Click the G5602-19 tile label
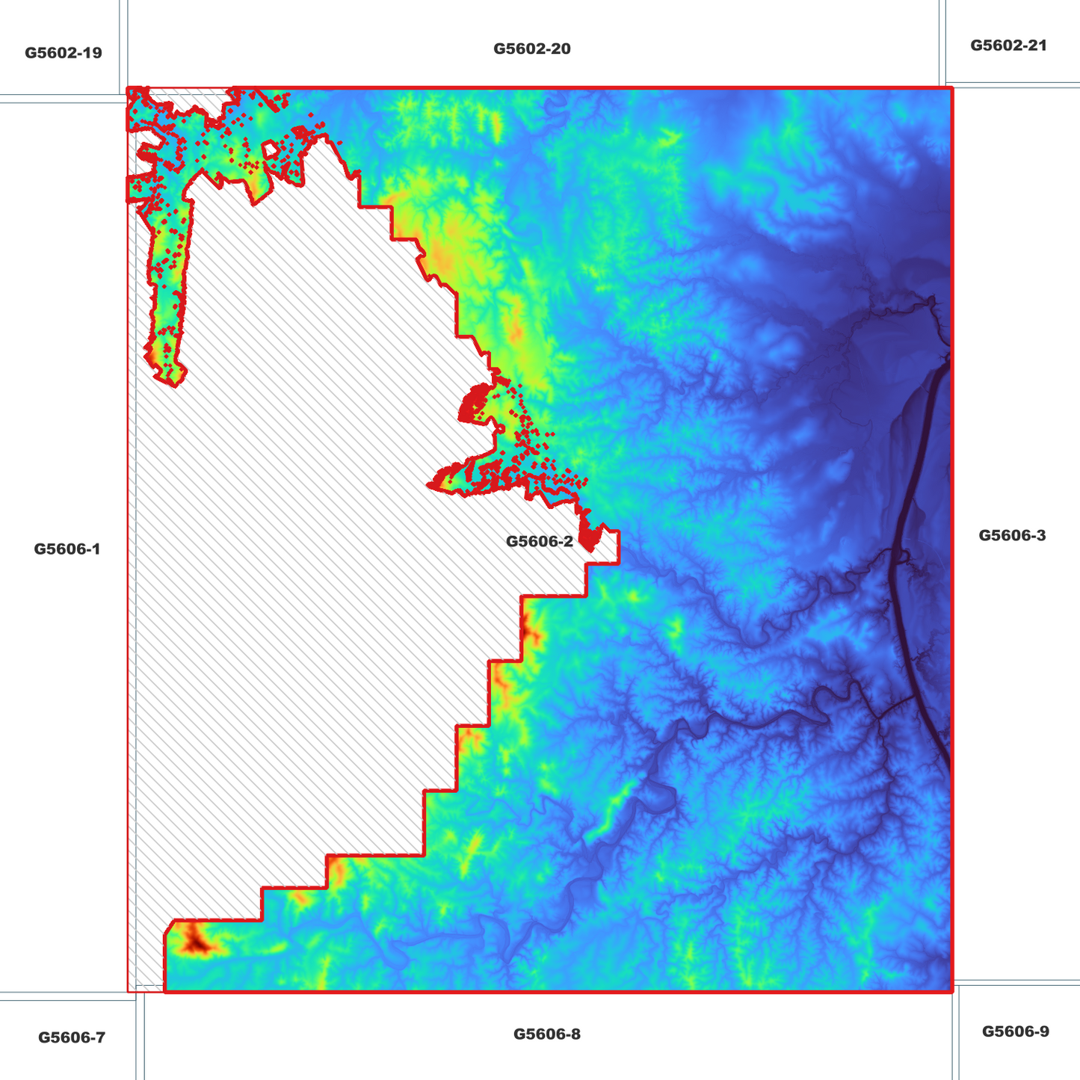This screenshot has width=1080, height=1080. click(64, 53)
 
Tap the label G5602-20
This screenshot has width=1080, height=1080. click(532, 49)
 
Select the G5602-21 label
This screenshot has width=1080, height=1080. click(1008, 46)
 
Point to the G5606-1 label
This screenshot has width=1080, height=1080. click(67, 549)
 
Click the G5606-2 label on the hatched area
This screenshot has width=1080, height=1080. click(540, 542)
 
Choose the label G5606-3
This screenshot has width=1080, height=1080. click(1012, 535)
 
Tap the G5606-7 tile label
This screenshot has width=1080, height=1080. click(72, 1037)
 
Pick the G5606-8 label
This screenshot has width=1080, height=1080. click(547, 1034)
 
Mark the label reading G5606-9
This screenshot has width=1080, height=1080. click(1015, 1031)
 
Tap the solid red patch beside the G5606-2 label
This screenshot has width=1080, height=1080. click(589, 538)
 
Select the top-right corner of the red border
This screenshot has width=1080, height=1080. click(952, 88)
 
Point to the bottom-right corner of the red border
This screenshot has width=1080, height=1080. click(952, 992)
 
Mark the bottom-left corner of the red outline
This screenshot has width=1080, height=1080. click(128, 992)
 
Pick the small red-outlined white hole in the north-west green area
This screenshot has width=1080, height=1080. click(272, 151)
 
